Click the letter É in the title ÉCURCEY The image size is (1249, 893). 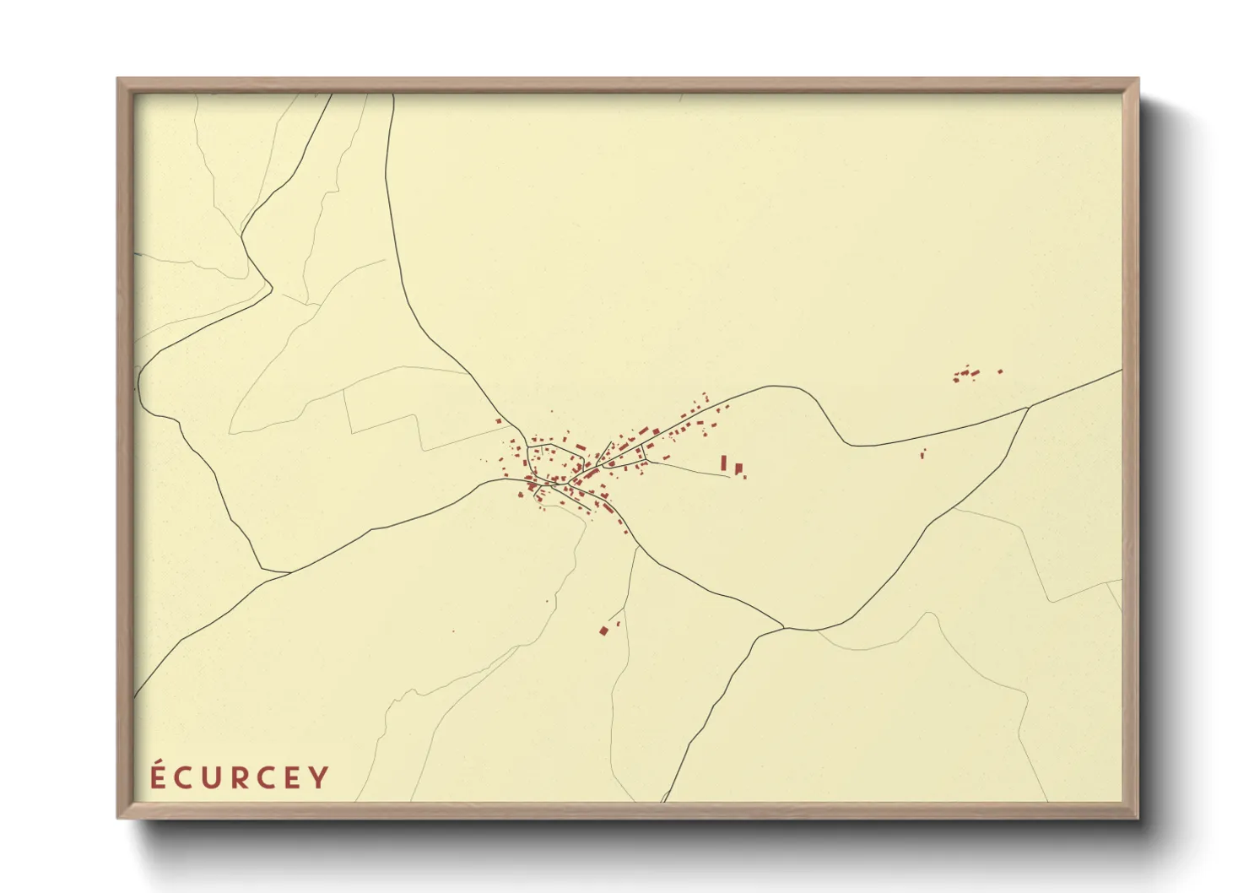(158, 777)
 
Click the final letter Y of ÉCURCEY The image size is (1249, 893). (319, 778)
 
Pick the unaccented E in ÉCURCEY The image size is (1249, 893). (293, 778)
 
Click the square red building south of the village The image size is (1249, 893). (603, 630)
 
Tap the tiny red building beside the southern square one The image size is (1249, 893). (616, 624)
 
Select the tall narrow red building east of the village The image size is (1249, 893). (723, 463)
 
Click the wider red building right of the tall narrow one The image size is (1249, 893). (738, 468)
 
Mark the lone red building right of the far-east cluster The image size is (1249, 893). (1000, 371)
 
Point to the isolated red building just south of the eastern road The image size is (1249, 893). (922, 454)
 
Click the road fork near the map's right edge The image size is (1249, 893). (1029, 407)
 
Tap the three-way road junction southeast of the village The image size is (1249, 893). (784, 627)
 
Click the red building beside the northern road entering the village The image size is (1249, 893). (499, 421)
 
